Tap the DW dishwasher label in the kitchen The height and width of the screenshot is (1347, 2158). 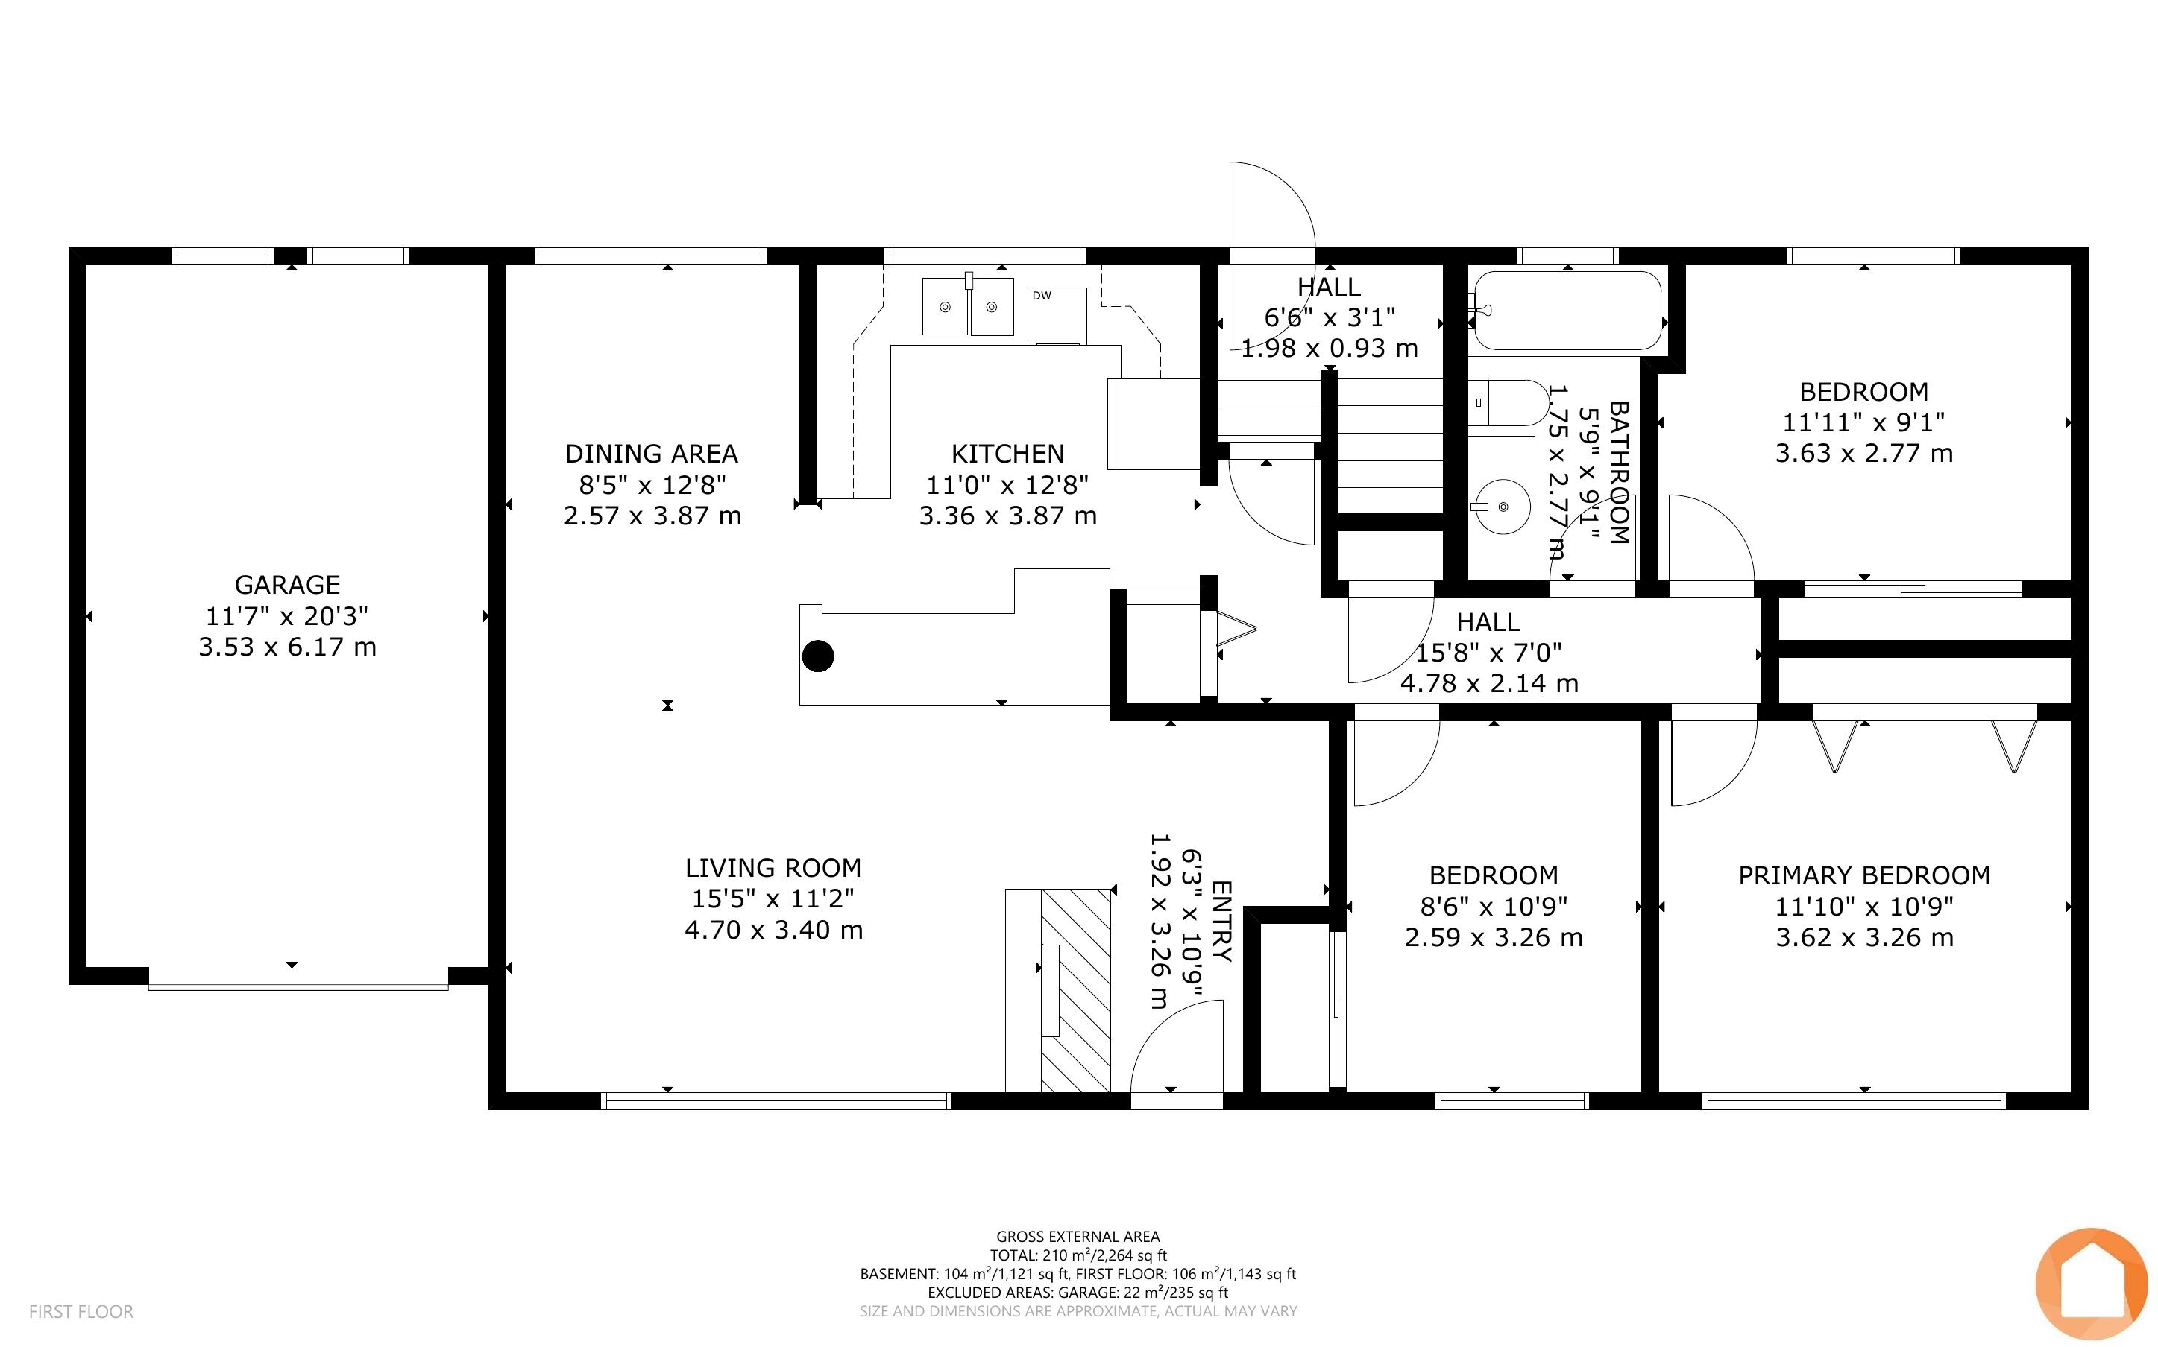coord(1041,296)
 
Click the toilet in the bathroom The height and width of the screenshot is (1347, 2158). coord(1509,402)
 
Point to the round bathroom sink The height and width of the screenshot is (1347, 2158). coord(1503,506)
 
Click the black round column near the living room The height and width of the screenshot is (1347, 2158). coord(817,656)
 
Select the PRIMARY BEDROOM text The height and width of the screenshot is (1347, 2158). coord(1864,875)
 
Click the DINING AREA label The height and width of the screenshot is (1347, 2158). coord(652,454)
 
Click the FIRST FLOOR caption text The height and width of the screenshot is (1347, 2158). coord(81,1311)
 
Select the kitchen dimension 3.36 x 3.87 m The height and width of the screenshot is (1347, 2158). coord(1007,516)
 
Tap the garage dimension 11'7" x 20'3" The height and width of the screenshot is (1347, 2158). coord(287,615)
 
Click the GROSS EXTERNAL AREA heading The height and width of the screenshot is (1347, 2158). coord(1078,1237)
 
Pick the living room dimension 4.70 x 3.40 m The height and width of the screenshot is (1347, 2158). coord(774,930)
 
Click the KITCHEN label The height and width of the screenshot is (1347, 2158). coord(1007,454)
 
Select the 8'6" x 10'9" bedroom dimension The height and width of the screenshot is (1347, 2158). coord(1494,906)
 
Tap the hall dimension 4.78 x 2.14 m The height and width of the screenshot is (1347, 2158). coord(1489,683)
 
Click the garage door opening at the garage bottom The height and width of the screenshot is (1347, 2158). coord(298,987)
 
